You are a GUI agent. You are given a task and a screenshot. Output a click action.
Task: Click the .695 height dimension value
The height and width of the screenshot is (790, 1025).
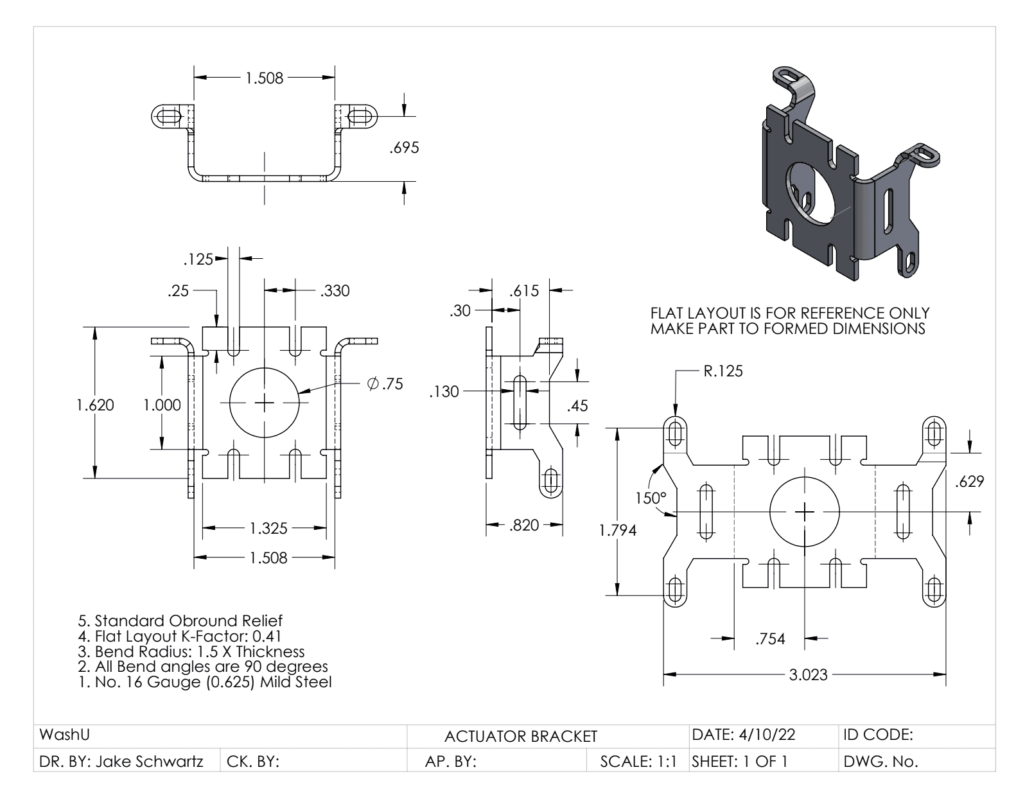click(404, 148)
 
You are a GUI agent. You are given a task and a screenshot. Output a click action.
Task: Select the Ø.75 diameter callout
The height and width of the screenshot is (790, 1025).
click(385, 383)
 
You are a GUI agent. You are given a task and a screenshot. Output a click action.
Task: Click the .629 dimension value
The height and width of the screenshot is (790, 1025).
click(969, 481)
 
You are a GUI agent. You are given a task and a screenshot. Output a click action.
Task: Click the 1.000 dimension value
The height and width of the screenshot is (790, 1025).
click(161, 405)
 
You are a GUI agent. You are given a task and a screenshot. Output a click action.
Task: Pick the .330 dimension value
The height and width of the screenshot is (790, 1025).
click(335, 291)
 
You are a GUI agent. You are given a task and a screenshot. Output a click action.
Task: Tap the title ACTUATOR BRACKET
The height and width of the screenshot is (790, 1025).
click(521, 736)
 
